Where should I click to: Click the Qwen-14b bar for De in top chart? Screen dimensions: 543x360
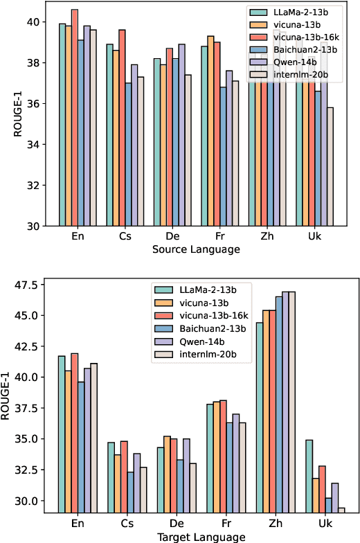pyautogui.click(x=182, y=135)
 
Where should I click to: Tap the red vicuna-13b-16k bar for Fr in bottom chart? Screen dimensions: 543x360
pyautogui.click(x=222, y=456)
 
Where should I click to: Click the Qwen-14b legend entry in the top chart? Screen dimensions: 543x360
pyautogui.click(x=298, y=60)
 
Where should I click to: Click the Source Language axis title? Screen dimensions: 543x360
pyautogui.click(x=196, y=249)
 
